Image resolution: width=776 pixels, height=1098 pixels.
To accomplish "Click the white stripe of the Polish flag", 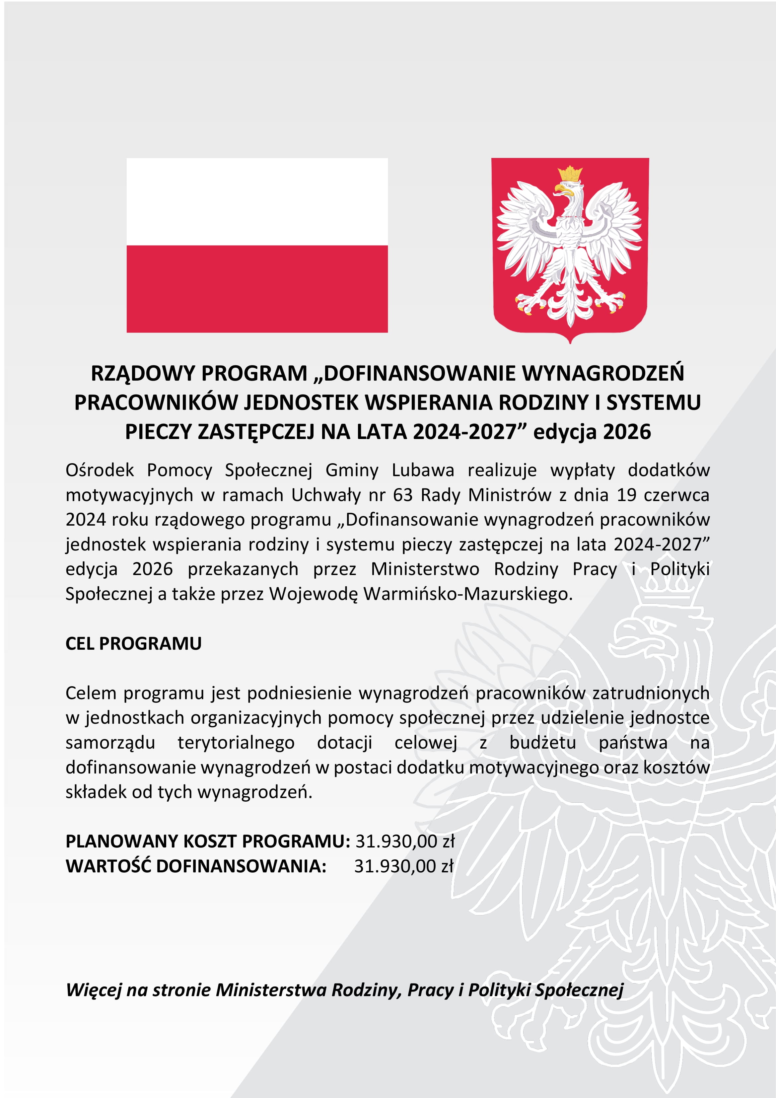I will click(x=257, y=201).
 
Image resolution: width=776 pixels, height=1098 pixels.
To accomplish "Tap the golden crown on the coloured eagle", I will click(x=570, y=173).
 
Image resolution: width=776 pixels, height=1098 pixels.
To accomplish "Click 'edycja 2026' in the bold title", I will click(x=592, y=432).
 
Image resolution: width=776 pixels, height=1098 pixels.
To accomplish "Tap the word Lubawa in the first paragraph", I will click(x=423, y=470).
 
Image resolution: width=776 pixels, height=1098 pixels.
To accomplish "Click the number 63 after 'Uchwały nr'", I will click(x=402, y=495).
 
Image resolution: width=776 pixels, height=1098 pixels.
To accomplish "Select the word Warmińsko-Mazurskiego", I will click(x=467, y=594).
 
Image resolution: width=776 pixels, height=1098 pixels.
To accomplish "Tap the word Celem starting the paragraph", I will click(x=91, y=693).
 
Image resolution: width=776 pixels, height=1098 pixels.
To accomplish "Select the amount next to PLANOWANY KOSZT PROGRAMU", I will click(x=404, y=841).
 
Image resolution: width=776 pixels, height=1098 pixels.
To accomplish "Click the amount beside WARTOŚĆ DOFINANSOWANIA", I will click(x=403, y=866).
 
